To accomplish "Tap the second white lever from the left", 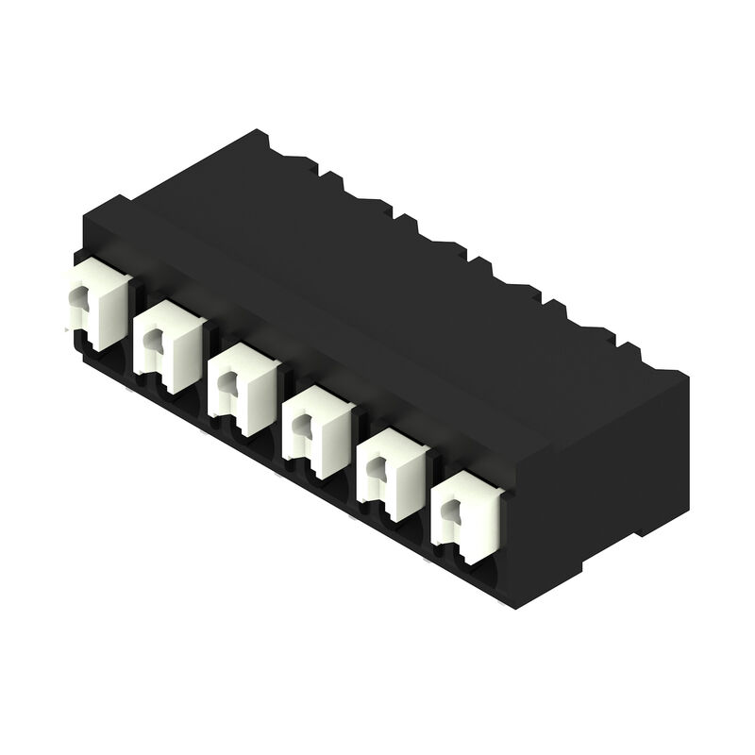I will tap(168, 344).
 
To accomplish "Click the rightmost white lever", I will tap(464, 517).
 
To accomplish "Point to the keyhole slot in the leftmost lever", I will tap(76, 302).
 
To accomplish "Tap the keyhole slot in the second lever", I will tap(151, 345).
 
